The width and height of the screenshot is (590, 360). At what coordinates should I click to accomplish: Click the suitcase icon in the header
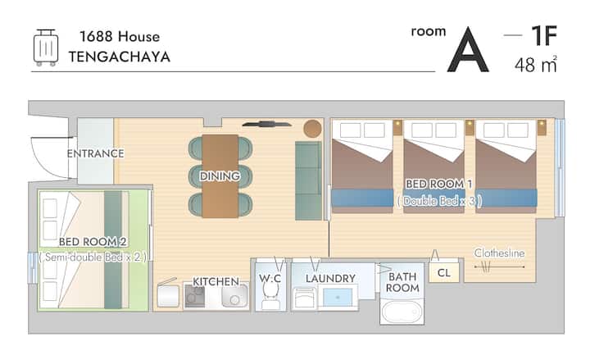click(46, 48)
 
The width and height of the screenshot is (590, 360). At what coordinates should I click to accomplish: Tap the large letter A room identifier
click(468, 49)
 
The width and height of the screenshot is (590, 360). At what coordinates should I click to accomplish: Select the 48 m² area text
click(535, 65)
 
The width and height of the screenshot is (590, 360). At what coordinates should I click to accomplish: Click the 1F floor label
click(544, 36)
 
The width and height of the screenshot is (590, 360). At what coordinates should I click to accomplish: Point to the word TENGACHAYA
click(120, 57)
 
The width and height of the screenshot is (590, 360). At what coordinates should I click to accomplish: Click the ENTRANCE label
click(96, 153)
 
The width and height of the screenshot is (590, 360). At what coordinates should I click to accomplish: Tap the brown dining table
click(220, 176)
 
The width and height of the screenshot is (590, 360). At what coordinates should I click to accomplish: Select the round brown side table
click(313, 129)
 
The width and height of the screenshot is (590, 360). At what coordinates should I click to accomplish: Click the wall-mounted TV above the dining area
click(267, 124)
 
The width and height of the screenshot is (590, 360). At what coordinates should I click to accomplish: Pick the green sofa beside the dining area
click(309, 180)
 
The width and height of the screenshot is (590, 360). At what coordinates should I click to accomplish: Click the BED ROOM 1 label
click(438, 184)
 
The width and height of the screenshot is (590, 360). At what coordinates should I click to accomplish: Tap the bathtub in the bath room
click(402, 312)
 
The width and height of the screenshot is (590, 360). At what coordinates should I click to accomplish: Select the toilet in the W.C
click(270, 295)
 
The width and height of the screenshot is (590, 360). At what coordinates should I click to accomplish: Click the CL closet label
click(444, 272)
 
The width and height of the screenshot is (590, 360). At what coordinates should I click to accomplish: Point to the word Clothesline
click(499, 253)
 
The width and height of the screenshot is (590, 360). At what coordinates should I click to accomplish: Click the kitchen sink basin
click(234, 295)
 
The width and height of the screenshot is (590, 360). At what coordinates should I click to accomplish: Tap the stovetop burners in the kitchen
click(195, 295)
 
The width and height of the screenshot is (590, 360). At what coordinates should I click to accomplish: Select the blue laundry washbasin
click(338, 298)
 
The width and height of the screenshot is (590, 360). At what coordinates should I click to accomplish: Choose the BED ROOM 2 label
click(93, 242)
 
